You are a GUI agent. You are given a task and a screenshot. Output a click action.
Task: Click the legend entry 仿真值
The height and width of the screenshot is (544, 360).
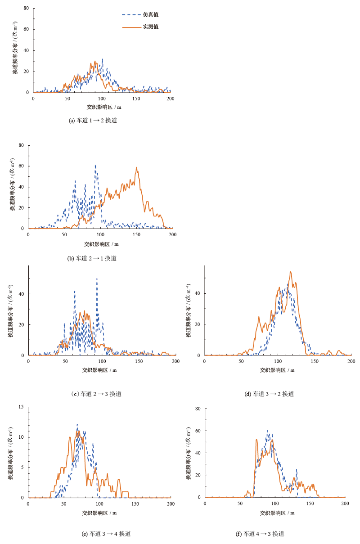click(x=150, y=15)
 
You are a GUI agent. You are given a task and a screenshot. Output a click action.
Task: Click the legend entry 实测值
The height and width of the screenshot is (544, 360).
click(x=150, y=27)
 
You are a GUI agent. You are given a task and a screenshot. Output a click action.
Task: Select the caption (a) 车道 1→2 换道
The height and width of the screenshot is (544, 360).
click(x=92, y=121)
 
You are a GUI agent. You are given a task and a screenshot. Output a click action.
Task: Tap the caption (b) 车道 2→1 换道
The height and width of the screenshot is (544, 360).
click(x=92, y=258)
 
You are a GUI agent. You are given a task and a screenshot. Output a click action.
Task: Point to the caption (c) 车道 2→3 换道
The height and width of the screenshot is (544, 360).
click(x=96, y=394)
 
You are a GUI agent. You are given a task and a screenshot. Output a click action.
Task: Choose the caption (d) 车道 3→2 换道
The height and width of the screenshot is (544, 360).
click(x=269, y=394)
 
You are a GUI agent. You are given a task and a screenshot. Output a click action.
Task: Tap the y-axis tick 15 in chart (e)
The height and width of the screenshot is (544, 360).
click(x=21, y=407)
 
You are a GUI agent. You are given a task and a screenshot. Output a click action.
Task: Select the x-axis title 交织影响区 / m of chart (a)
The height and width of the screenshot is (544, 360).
click(x=103, y=107)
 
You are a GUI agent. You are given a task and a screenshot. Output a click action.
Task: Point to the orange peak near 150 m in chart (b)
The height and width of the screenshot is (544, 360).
click(x=136, y=168)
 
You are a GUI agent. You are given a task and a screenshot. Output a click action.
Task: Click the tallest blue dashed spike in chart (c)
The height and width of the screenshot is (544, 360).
click(x=97, y=279)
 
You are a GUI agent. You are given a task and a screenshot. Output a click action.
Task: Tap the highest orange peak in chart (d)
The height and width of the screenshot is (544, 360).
click(x=291, y=272)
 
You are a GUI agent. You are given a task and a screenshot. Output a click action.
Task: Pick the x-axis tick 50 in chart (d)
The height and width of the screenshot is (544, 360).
click(x=241, y=361)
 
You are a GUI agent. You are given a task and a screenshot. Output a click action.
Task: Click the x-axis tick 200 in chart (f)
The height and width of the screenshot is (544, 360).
click(x=345, y=504)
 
